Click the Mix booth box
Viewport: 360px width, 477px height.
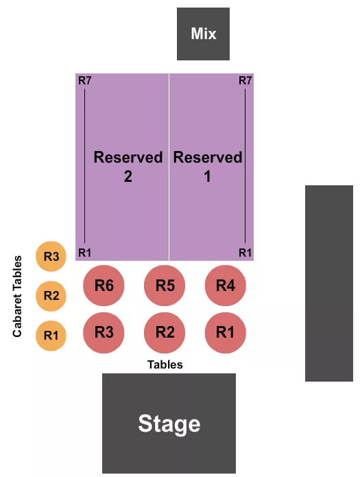click(x=203, y=34)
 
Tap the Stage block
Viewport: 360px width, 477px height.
click(x=169, y=423)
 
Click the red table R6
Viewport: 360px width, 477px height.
click(x=104, y=286)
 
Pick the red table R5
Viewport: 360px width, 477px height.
click(x=165, y=286)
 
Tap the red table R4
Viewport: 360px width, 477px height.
click(x=226, y=286)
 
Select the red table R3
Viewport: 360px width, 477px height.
click(x=104, y=333)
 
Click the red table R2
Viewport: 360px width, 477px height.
click(x=165, y=333)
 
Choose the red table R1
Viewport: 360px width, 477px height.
click(x=226, y=333)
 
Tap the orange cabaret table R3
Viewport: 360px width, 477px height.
click(x=51, y=257)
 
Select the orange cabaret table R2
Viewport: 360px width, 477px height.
click(x=51, y=296)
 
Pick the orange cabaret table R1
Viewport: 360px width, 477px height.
click(x=51, y=336)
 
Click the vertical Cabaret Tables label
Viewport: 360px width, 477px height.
click(x=18, y=296)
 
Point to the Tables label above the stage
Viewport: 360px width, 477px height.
click(x=165, y=364)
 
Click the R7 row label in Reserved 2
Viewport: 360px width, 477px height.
click(x=85, y=81)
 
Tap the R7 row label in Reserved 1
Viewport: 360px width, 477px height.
click(x=245, y=81)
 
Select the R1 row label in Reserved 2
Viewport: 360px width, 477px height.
click(x=85, y=253)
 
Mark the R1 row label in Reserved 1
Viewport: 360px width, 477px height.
click(x=245, y=253)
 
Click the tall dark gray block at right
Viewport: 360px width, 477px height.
click(x=329, y=283)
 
